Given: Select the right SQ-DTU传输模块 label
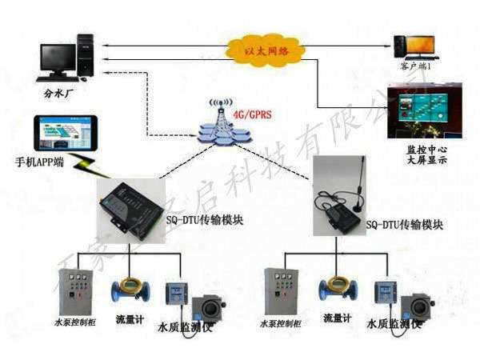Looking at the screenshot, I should tap(405, 226).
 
